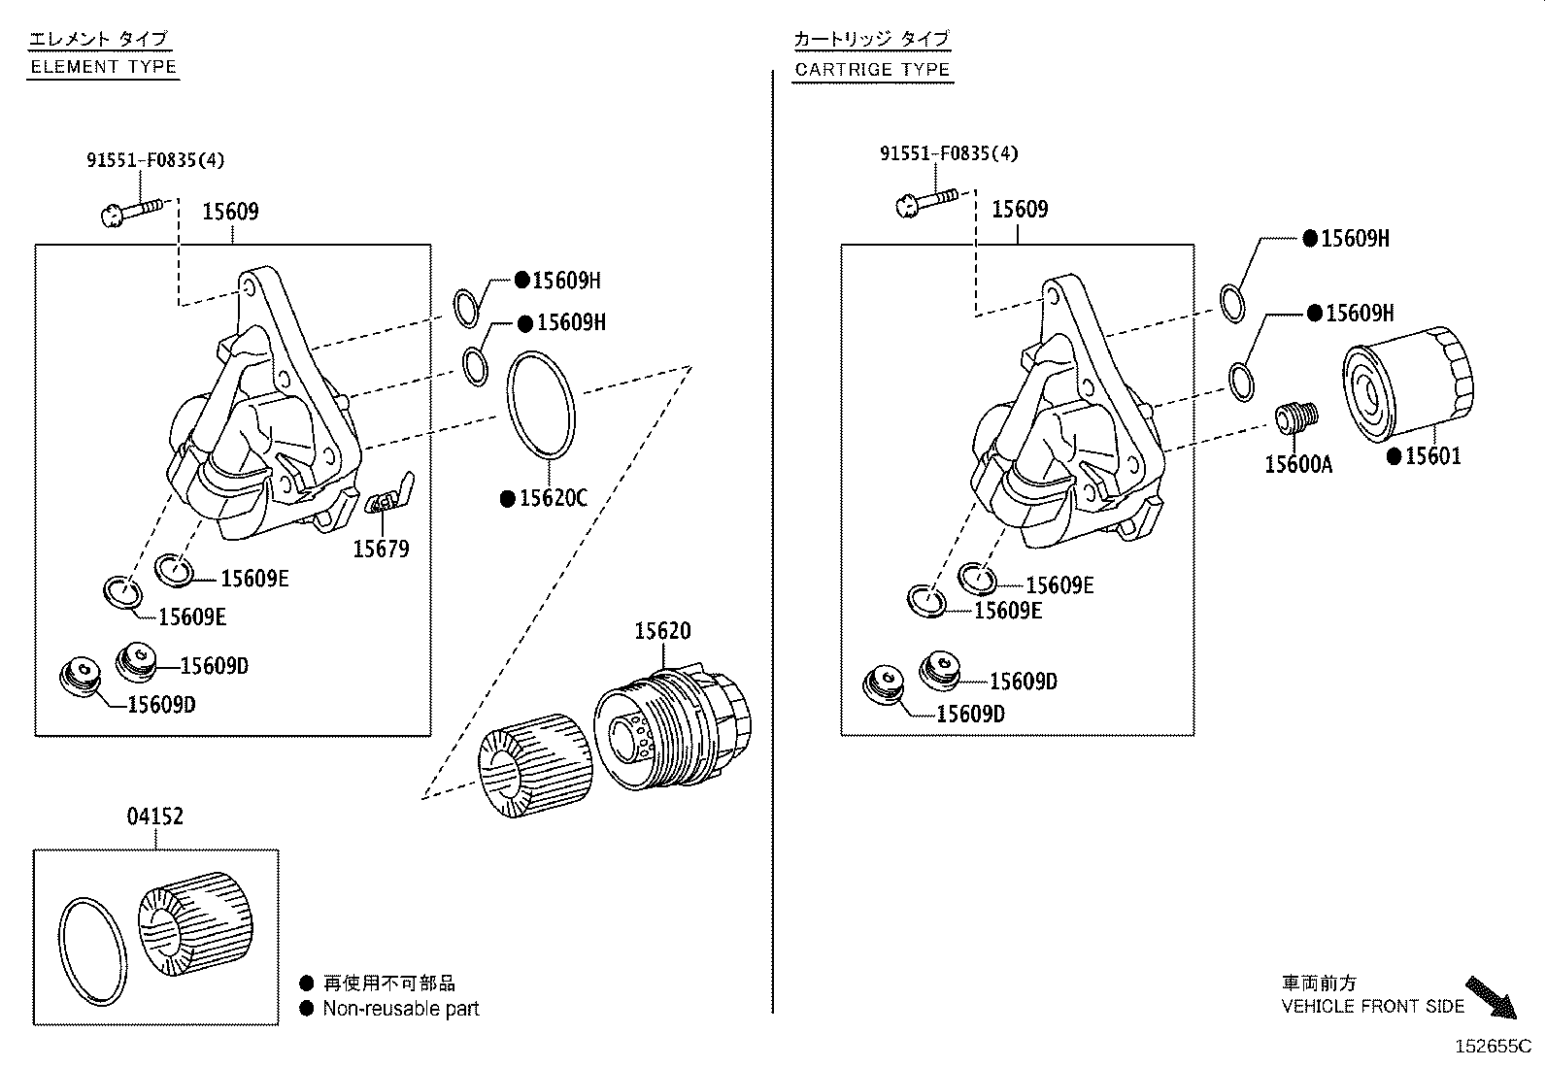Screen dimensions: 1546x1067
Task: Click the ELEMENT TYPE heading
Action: (104, 67)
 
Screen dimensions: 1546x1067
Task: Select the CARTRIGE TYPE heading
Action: (872, 70)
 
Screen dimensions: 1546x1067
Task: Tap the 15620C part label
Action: (553, 498)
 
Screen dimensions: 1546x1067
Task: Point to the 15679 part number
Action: (381, 550)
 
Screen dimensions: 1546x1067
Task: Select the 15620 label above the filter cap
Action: (662, 631)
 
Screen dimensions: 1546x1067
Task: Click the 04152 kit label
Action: (155, 817)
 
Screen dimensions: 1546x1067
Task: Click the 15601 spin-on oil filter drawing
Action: (1408, 383)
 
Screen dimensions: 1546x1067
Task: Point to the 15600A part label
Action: (1298, 464)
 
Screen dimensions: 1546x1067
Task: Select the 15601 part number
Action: (1432, 456)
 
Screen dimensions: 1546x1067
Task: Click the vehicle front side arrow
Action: (1491, 997)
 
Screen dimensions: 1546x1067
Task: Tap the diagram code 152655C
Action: (1493, 1047)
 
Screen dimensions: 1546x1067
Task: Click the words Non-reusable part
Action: (401, 1009)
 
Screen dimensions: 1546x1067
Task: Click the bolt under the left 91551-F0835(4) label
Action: (133, 212)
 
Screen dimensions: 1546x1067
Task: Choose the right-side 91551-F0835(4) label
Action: (949, 153)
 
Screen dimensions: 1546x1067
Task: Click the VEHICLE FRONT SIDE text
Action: (1373, 1006)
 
